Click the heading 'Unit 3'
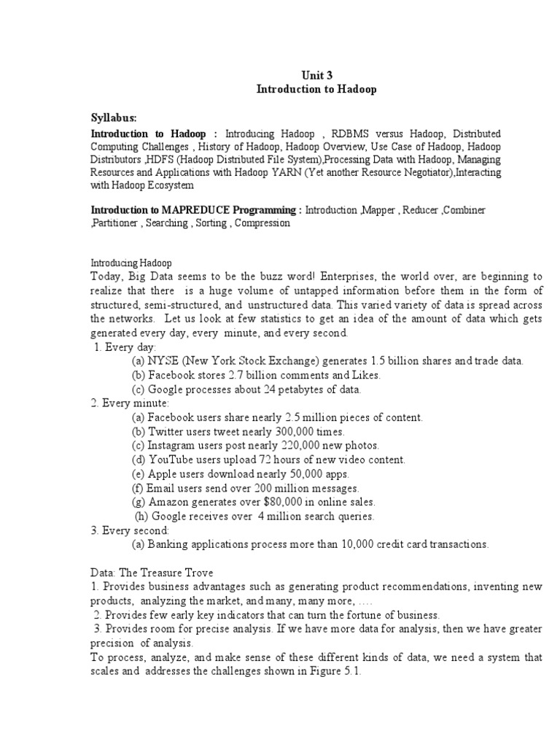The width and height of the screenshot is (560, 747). [316, 74]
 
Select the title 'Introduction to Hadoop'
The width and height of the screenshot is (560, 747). [316, 89]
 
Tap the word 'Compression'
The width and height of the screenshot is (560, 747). [262, 223]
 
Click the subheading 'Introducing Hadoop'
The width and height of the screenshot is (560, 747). [131, 263]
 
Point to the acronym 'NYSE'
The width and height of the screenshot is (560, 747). [162, 361]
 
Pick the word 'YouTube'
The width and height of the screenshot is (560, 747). [168, 460]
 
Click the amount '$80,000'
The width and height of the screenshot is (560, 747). [269, 502]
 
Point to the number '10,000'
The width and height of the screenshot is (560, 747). [330, 544]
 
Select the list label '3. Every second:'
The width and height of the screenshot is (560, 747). [131, 530]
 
